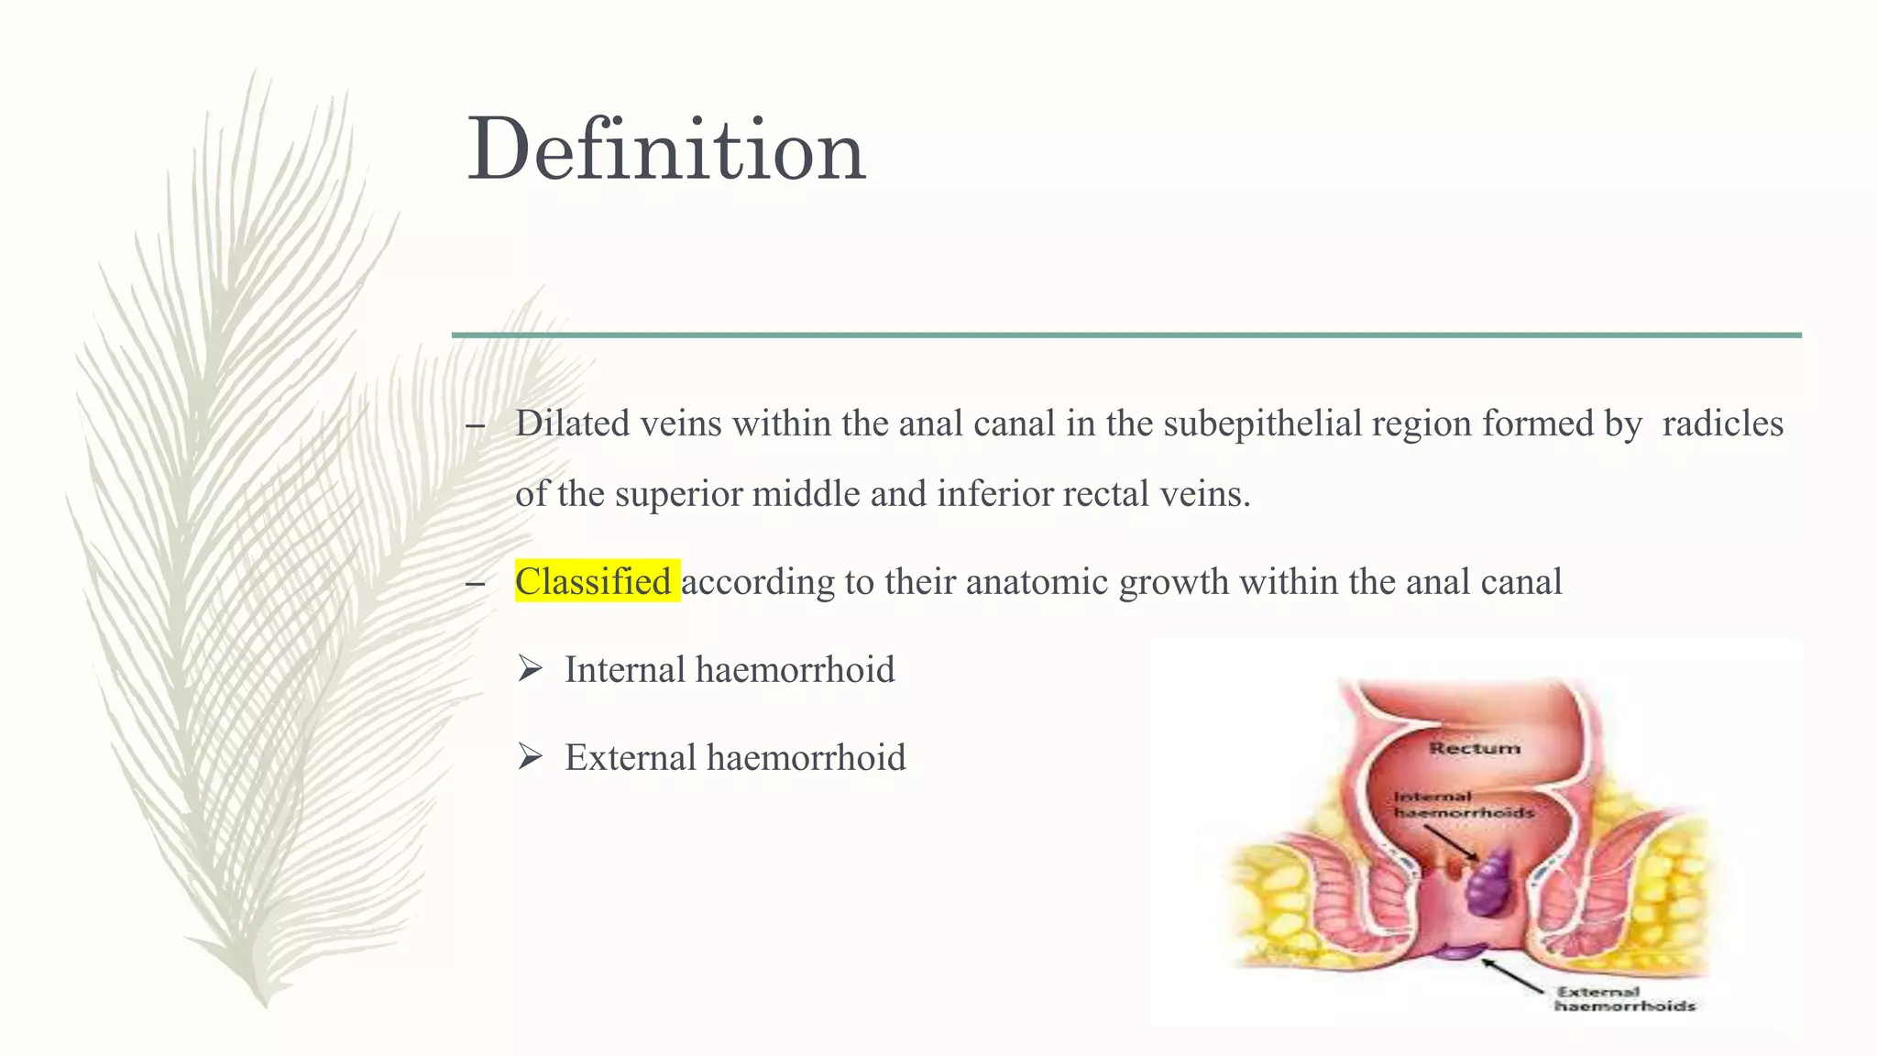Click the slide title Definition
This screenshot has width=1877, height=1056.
click(x=666, y=150)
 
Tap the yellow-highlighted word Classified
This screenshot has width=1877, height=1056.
click(x=594, y=582)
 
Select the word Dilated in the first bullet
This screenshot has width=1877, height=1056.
click(x=572, y=423)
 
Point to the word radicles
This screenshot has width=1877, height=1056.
click(x=1722, y=423)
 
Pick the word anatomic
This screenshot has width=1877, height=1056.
click(x=1037, y=582)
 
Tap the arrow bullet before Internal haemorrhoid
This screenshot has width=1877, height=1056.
click(x=530, y=669)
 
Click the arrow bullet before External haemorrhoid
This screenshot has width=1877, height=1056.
click(x=530, y=757)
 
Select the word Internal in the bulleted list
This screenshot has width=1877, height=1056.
click(x=625, y=670)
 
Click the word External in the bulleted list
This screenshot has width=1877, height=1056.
click(x=631, y=758)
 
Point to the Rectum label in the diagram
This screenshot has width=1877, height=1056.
click(x=1474, y=748)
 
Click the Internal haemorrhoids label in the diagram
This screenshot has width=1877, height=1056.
click(x=1462, y=804)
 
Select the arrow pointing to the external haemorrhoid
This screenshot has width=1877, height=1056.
click(x=1513, y=975)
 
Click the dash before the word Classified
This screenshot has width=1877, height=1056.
click(x=475, y=584)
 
